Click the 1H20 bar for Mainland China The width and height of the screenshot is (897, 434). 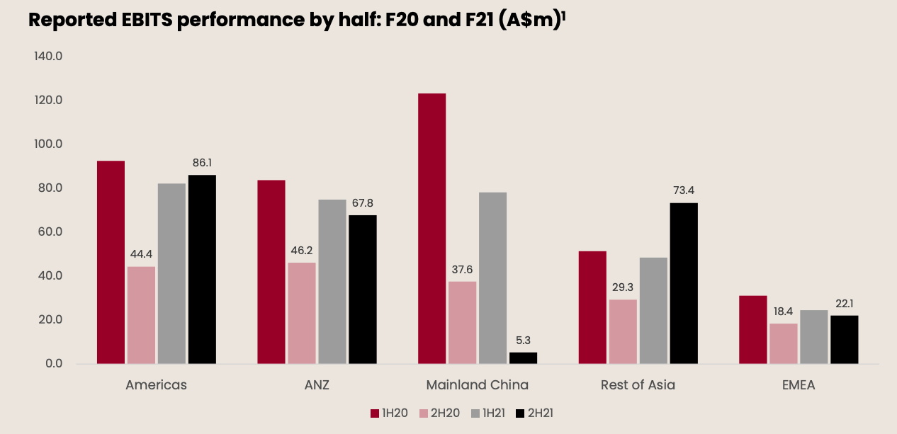tap(431, 228)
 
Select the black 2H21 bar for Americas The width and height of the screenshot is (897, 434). tap(202, 269)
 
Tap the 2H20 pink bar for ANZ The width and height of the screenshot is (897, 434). tap(302, 313)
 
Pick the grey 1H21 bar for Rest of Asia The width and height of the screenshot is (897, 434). tap(653, 310)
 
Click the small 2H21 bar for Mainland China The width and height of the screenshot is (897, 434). tap(523, 358)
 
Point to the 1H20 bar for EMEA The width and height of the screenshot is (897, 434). tap(752, 329)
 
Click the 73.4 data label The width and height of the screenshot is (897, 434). tap(684, 190)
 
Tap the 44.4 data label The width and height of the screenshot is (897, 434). tap(141, 253)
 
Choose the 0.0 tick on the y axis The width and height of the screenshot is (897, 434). tap(52, 363)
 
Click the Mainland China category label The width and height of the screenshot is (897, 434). tap(478, 385)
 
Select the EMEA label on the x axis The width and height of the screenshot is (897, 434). tap(799, 385)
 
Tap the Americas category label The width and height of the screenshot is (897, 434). tap(157, 385)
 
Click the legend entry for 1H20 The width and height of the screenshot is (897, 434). tap(389, 413)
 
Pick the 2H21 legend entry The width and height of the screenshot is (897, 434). tap(534, 413)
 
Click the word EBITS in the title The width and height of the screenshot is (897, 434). tap(138, 21)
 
